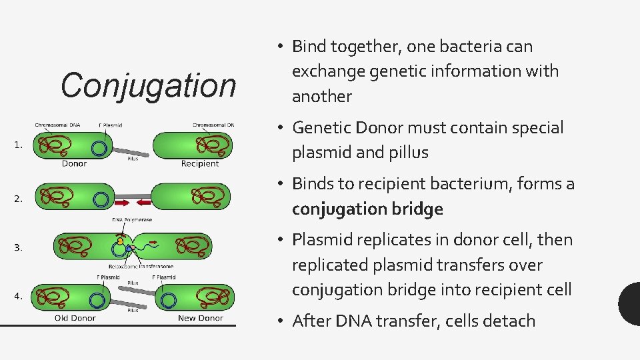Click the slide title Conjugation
click(148, 86)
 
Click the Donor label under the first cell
click(73, 163)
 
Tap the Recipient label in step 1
click(200, 163)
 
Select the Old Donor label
click(75, 318)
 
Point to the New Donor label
click(200, 318)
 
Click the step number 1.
click(18, 144)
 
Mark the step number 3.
click(18, 247)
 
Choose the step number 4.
click(18, 297)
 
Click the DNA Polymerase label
click(132, 219)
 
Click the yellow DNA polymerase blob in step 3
click(120, 240)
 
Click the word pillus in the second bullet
click(405, 153)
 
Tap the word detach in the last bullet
click(511, 321)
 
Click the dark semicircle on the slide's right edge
click(630, 303)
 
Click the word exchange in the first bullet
click(325, 71)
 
